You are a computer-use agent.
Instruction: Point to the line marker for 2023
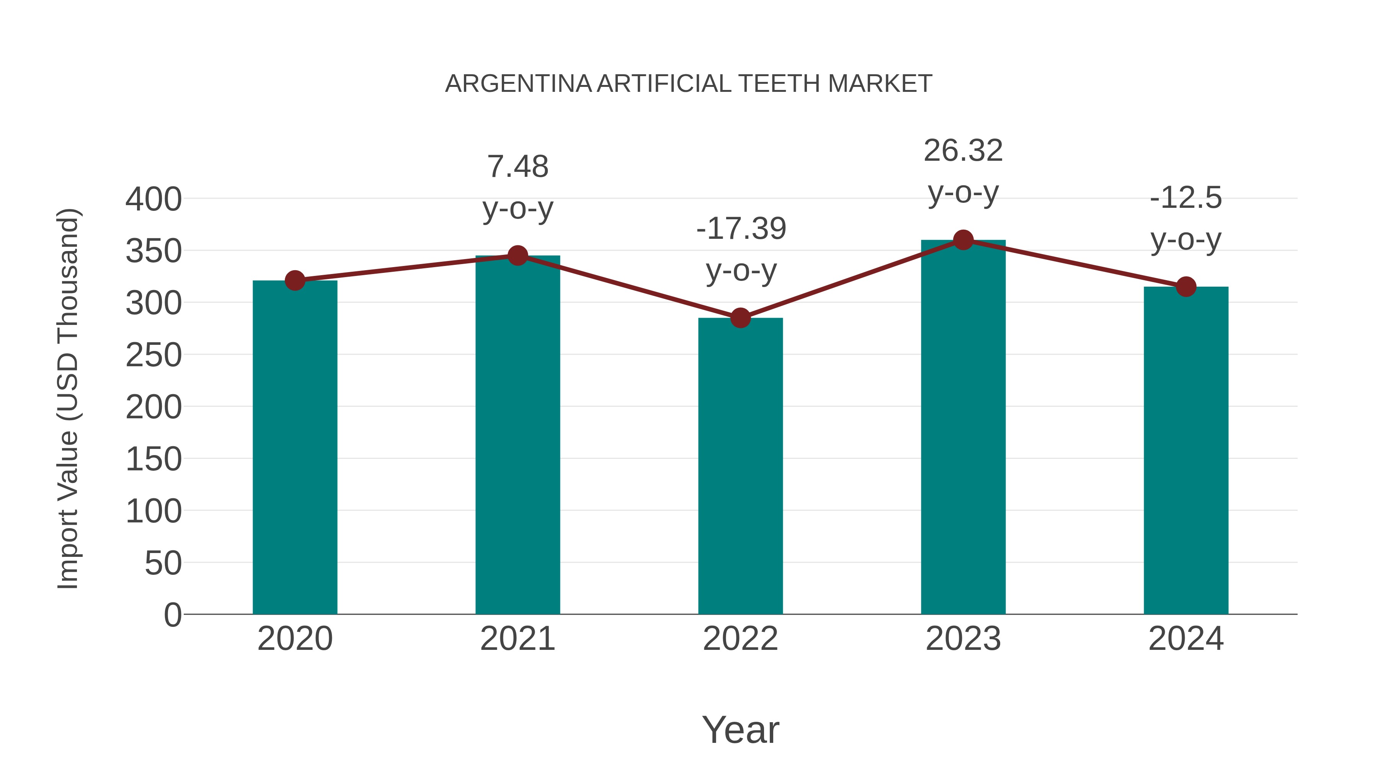[963, 240]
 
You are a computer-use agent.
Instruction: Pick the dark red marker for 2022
[740, 318]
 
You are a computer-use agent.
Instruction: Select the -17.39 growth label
[741, 229]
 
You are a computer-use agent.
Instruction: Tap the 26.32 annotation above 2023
[963, 151]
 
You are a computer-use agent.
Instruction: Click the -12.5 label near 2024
[1186, 198]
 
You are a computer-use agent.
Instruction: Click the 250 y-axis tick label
[153, 355]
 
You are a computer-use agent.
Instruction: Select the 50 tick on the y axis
[163, 563]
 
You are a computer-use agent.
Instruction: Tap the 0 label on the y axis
[172, 615]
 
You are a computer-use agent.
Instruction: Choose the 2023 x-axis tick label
[963, 639]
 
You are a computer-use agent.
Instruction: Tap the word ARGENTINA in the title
[518, 84]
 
